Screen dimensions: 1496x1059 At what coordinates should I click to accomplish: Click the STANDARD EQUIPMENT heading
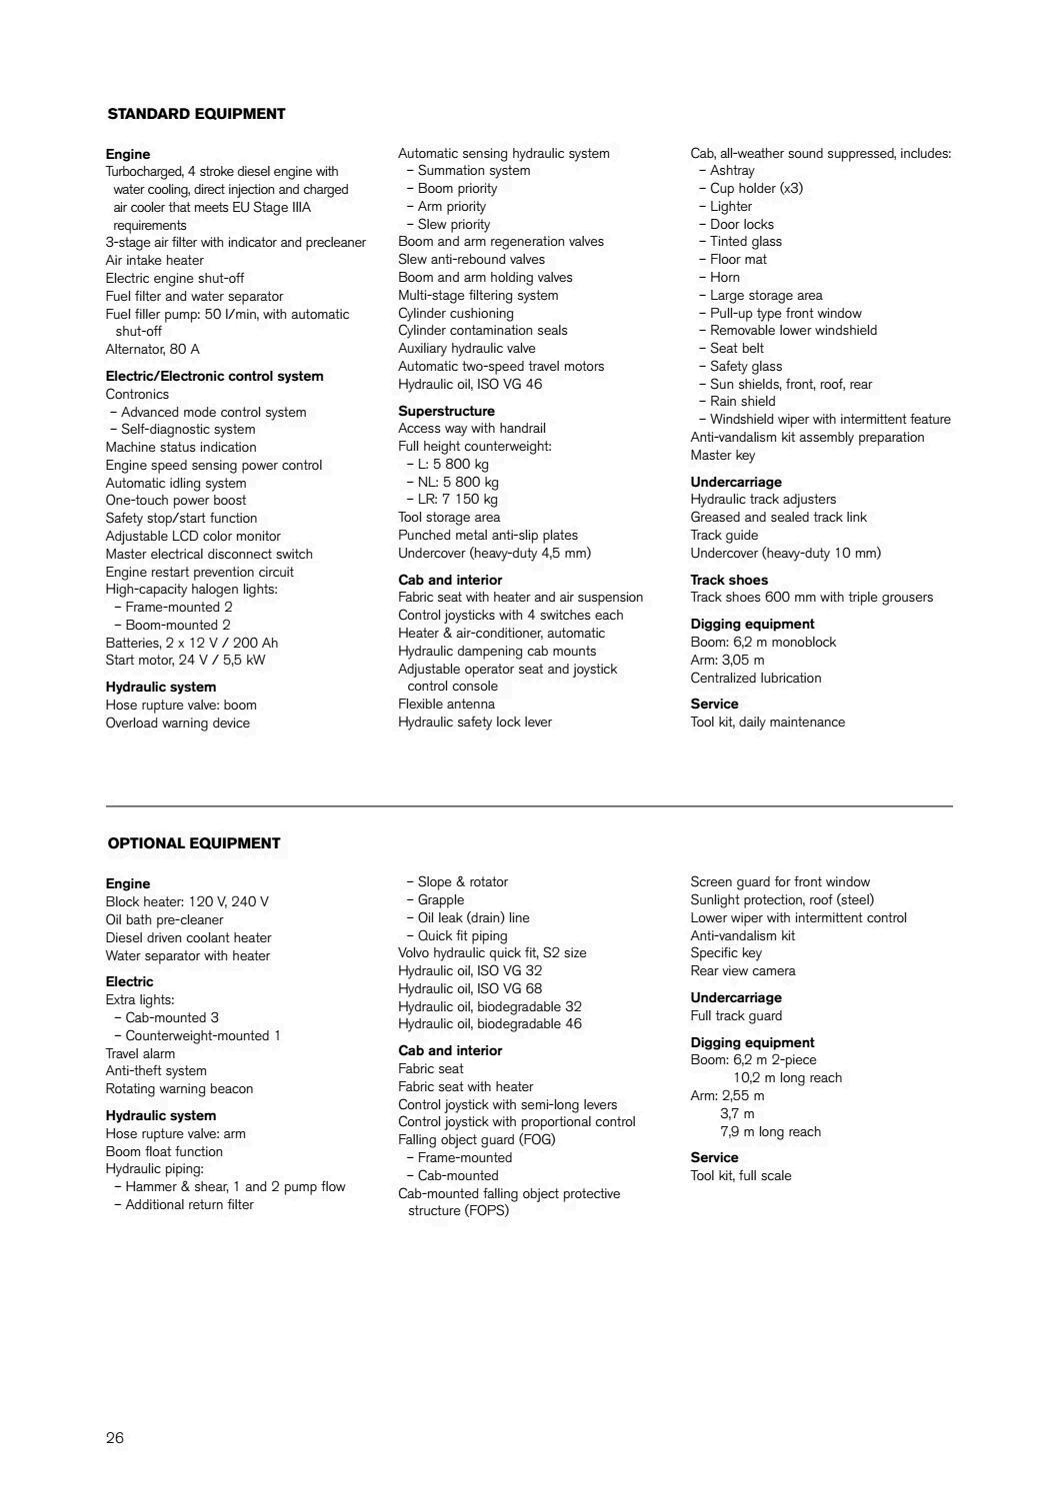coord(196,114)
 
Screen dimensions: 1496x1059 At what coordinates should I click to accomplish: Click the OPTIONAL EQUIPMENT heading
coord(194,843)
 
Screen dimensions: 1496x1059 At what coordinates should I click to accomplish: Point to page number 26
coord(115,1438)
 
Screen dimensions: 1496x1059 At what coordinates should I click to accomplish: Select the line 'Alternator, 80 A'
coord(152,350)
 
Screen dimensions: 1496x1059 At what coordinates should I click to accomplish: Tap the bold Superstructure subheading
coord(446,411)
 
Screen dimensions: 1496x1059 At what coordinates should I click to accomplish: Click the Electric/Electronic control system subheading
coord(214,377)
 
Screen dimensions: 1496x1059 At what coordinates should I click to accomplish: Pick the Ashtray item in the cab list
coord(731,171)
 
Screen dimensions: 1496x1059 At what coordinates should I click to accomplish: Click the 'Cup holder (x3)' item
coord(755,189)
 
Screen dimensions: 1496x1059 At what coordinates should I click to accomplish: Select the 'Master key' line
coord(722,456)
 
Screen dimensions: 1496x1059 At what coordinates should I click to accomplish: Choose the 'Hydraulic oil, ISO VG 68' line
coord(470,989)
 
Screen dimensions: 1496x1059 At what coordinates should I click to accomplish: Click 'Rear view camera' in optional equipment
coord(742,971)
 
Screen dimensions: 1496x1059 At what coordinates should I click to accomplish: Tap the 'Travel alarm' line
coord(140,1054)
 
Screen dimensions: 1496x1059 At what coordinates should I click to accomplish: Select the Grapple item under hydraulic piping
coord(440,900)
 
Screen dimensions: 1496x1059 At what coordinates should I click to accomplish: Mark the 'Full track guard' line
coord(736,1016)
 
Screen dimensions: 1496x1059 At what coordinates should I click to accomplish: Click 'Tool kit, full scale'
coord(740,1176)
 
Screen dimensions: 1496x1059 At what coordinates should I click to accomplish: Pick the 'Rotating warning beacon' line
coord(179,1089)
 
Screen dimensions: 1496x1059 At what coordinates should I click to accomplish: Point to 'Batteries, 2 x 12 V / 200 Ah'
coord(192,643)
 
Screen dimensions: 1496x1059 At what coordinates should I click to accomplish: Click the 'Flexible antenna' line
coord(446,705)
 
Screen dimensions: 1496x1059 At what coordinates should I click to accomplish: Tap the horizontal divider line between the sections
coord(529,805)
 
